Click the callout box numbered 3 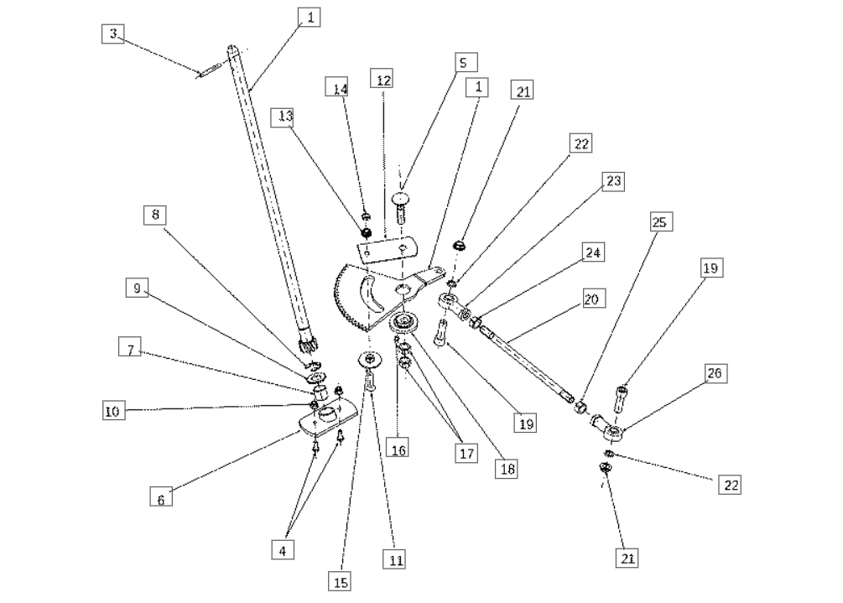[x=114, y=34]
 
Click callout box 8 [x=154, y=215]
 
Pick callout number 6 [x=162, y=497]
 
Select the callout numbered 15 [x=341, y=580]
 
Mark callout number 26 [x=719, y=372]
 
